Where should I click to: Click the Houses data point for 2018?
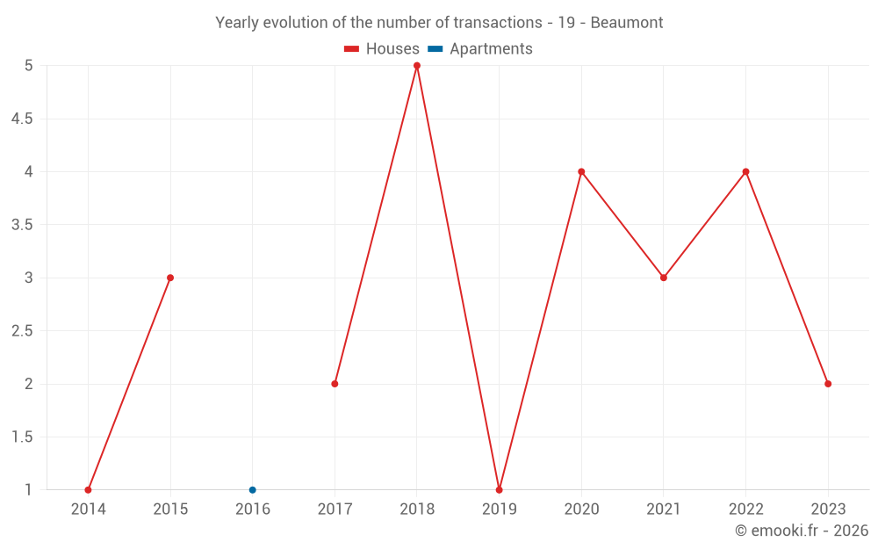(417, 66)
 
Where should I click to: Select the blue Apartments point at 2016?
(253, 490)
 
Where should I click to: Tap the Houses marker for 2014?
(88, 490)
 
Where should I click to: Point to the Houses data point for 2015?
(170, 278)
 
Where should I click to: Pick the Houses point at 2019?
(499, 490)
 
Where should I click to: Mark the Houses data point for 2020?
(581, 171)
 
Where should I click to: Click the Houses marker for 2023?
(828, 384)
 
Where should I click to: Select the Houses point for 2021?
(664, 278)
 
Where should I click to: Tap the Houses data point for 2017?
(335, 384)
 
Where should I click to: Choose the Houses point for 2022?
(745, 171)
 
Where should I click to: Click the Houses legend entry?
(382, 49)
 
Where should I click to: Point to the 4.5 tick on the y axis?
(22, 119)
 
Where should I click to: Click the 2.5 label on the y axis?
(22, 331)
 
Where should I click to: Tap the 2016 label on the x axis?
(253, 509)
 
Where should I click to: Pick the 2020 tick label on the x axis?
(581, 509)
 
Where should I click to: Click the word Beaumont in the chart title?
(626, 22)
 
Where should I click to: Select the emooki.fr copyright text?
(802, 531)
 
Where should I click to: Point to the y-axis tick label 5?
(28, 66)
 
